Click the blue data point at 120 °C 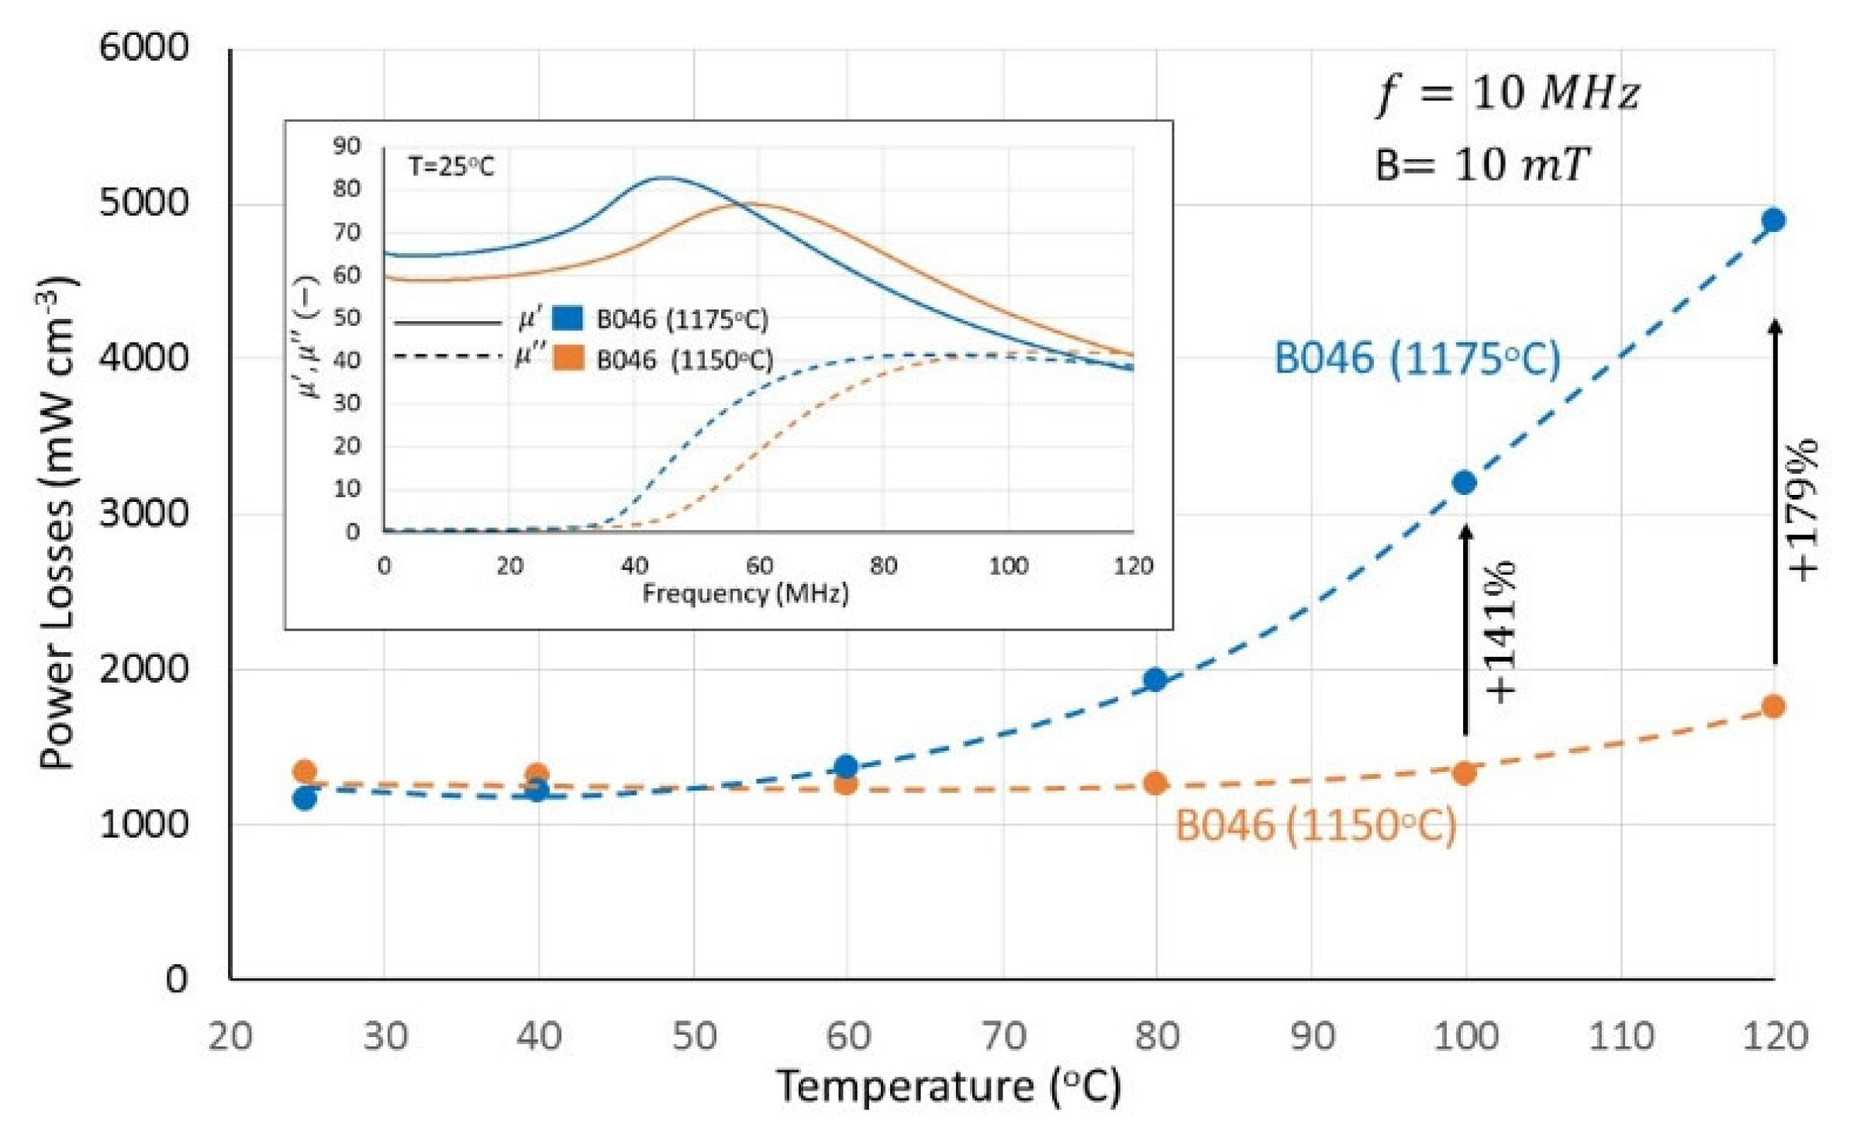click(x=1772, y=220)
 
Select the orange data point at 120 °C click(x=1772, y=707)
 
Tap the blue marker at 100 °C click(x=1464, y=482)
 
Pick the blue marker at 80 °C click(x=1155, y=679)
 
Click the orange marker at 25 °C click(x=305, y=771)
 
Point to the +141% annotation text click(x=1500, y=633)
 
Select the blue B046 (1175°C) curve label click(x=1417, y=360)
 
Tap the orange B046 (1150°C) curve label click(x=1316, y=825)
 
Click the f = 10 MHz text click(x=1507, y=93)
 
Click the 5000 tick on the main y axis click(x=144, y=203)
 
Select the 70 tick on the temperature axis click(x=1003, y=1036)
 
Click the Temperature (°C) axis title click(x=949, y=1086)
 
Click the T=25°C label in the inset click(x=451, y=167)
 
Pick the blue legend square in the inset click(x=568, y=318)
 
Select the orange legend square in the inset click(x=568, y=358)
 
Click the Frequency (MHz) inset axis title click(x=745, y=594)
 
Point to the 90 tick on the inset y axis click(x=347, y=146)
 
